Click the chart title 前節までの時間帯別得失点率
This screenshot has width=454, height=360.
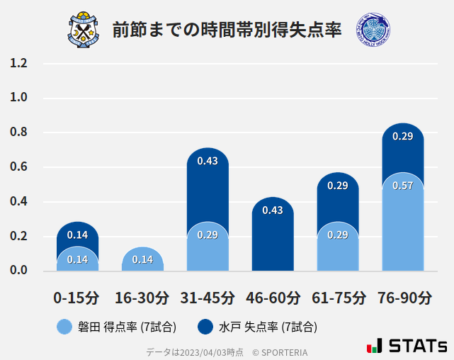click(227, 30)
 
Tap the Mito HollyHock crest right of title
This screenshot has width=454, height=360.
click(373, 30)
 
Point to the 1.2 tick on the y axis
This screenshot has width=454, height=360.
click(19, 64)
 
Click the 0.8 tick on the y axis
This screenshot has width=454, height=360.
click(19, 133)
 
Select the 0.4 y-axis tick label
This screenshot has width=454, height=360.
click(19, 202)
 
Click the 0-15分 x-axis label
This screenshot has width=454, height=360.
click(77, 298)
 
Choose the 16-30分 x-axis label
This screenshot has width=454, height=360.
click(142, 298)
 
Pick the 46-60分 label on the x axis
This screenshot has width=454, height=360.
click(273, 298)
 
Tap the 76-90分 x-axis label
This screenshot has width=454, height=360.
click(403, 298)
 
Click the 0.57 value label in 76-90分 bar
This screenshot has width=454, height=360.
click(402, 186)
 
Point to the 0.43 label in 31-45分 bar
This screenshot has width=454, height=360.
click(208, 161)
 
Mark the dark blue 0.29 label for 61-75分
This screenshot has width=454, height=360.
click(338, 186)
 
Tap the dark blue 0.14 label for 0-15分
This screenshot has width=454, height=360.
click(77, 235)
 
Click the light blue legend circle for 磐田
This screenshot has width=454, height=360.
click(64, 327)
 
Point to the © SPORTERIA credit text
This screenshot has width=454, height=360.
click(280, 352)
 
